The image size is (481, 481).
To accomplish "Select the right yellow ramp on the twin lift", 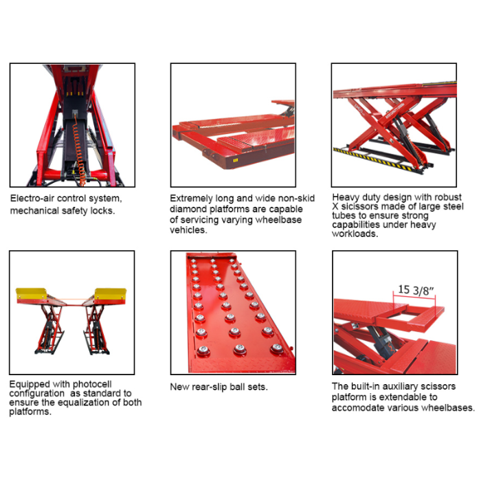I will [110, 294].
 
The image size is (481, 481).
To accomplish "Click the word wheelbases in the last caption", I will [448, 407].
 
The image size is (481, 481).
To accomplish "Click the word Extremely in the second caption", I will [193, 199].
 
